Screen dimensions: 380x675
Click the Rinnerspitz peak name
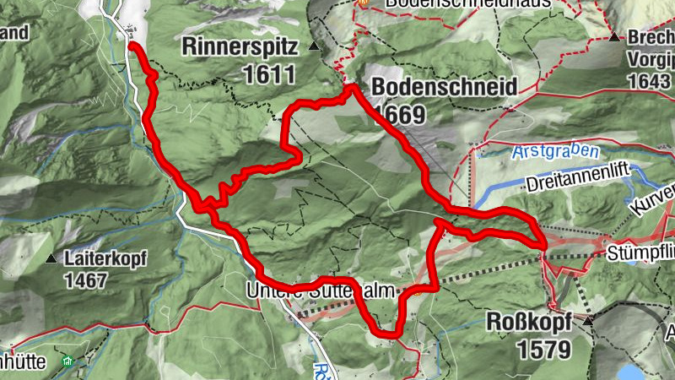(x=240, y=47)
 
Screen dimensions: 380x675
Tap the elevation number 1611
(x=269, y=74)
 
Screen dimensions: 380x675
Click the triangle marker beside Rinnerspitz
(x=315, y=46)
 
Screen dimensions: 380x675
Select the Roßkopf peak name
(x=530, y=322)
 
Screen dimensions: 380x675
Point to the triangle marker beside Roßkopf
(x=588, y=321)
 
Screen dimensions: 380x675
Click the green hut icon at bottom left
(x=67, y=361)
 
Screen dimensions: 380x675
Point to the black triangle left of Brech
(x=615, y=38)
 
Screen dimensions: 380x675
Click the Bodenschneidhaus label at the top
(x=468, y=3)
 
